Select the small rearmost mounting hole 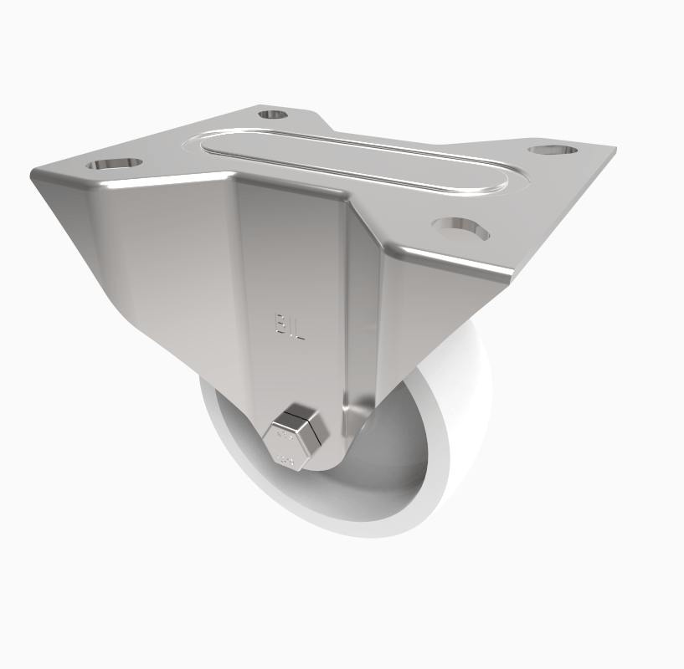[271, 114]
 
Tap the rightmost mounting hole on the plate [553, 150]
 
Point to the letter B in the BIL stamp [279, 324]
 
